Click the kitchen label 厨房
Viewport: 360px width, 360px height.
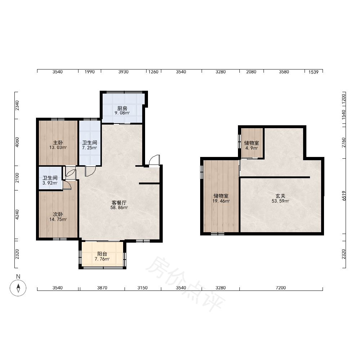122,108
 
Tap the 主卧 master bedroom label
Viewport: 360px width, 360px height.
58,143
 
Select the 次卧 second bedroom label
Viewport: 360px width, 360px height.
58,214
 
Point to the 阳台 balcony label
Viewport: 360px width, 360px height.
102,254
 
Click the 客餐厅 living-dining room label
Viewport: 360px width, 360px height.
119,203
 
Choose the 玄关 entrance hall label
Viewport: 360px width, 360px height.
280,196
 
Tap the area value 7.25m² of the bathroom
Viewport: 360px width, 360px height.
90,148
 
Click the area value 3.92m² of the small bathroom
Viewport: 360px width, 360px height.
50,183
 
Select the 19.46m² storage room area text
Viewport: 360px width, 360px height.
221,201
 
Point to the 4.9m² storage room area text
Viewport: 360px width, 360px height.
252,148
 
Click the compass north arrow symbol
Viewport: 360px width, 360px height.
18,288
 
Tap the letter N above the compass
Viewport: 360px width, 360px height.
18,276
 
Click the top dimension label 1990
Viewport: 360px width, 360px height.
90,72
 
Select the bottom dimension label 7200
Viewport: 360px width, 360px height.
281,288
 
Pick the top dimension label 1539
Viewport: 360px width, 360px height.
314,72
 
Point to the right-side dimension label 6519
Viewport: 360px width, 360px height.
344,196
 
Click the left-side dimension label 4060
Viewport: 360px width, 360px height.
17,142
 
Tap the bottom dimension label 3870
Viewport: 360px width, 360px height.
102,288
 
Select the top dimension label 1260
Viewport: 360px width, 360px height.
153,72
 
